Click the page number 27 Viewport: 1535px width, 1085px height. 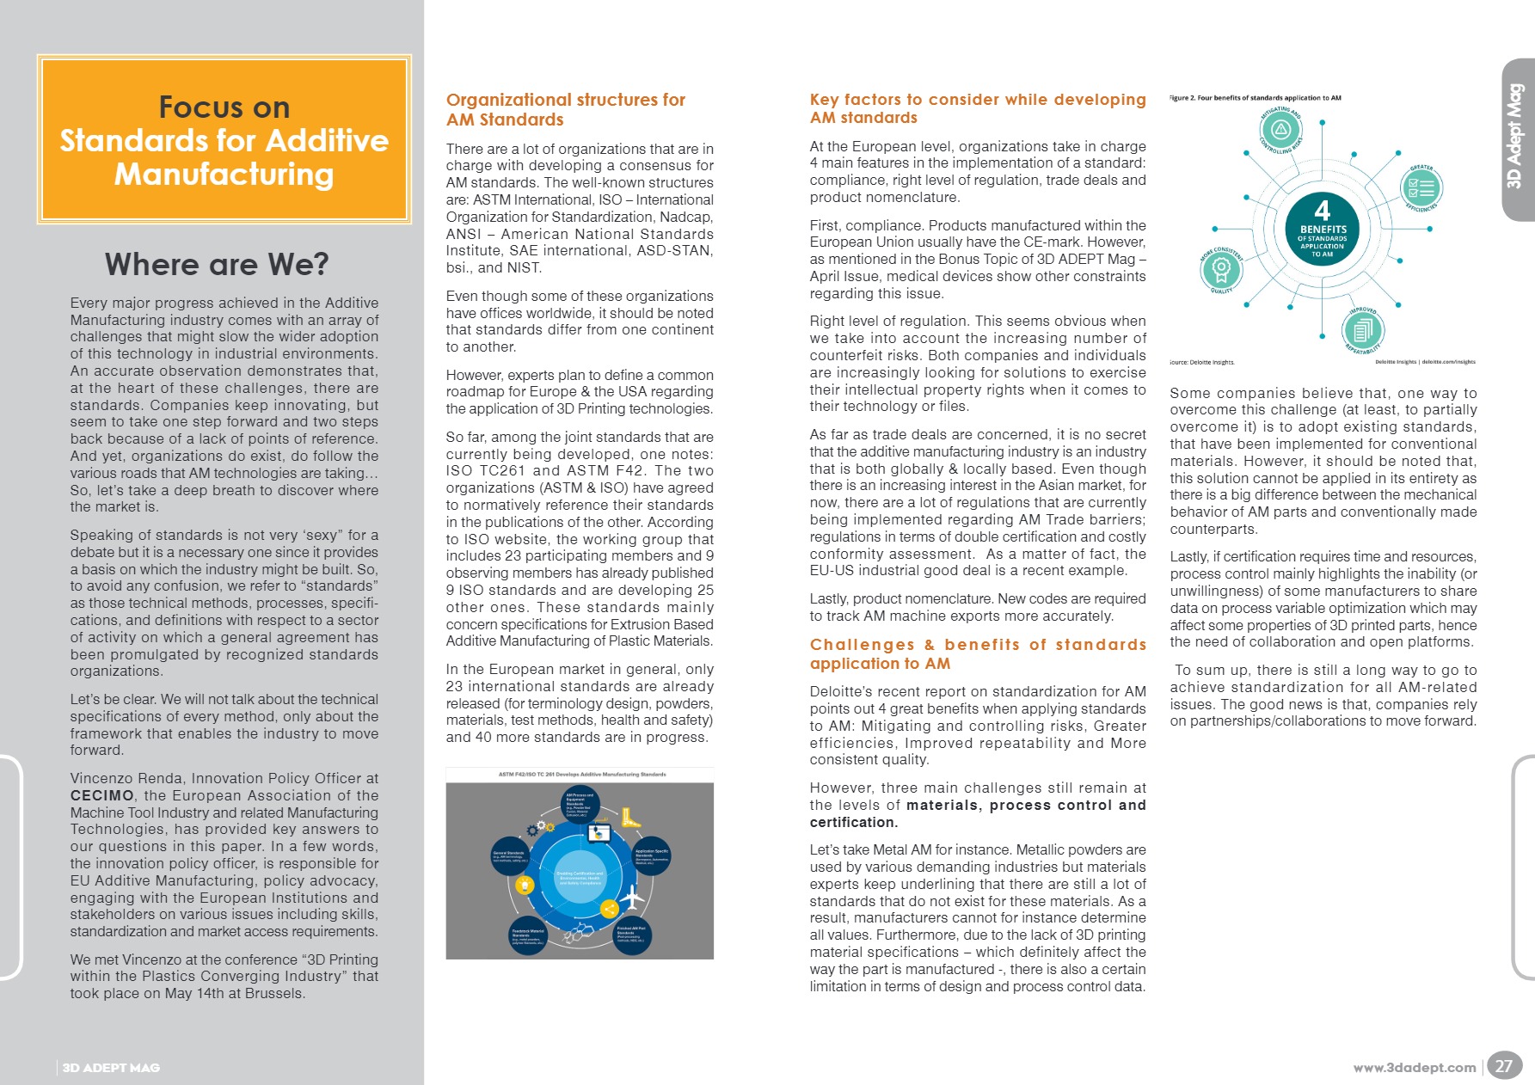coord(1503,1066)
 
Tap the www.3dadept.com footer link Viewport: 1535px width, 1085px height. coord(1414,1068)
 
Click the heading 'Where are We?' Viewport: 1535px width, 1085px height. coord(217,264)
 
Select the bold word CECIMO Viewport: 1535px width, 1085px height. coord(102,795)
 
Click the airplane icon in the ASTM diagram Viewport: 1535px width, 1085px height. coord(632,898)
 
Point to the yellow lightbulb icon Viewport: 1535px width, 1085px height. coord(524,884)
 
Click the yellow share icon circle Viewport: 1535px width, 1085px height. coord(609,909)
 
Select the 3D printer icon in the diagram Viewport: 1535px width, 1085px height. coord(598,832)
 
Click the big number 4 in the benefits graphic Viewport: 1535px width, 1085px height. coord(1323,211)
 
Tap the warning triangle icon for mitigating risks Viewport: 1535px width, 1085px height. coord(1281,130)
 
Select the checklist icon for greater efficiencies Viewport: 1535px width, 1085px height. coord(1421,187)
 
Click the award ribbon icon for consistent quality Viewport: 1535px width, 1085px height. coord(1221,268)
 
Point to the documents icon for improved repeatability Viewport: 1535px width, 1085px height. coord(1363,329)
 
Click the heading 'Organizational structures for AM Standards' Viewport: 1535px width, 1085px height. coord(566,110)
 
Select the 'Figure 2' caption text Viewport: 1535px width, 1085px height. coord(1256,98)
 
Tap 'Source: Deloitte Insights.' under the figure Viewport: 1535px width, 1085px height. coord(1202,362)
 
